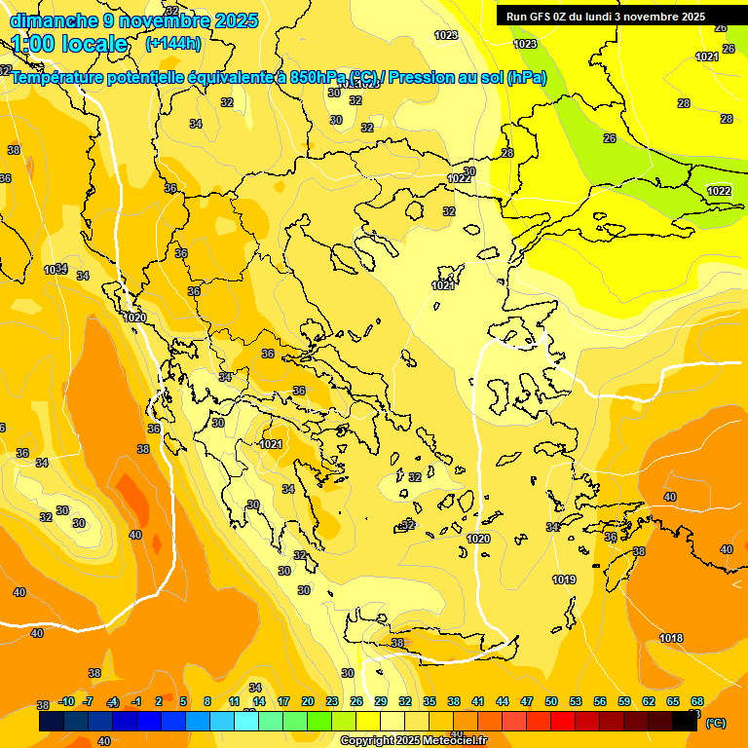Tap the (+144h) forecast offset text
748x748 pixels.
tap(173, 43)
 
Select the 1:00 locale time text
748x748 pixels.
tap(69, 44)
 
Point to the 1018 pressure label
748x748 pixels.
tap(671, 638)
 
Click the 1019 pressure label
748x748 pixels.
tap(564, 580)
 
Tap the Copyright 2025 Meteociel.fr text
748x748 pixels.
tap(414, 740)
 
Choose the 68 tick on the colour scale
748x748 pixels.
tap(697, 701)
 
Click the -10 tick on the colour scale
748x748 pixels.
tap(66, 701)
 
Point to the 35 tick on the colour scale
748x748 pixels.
tap(430, 701)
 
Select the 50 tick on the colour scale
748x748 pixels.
tap(551, 701)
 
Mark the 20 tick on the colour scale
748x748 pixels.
tap(308, 701)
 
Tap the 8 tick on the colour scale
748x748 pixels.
tap(206, 701)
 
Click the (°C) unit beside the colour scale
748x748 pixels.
tap(716, 723)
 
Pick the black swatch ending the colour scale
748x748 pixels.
tap(685, 722)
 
